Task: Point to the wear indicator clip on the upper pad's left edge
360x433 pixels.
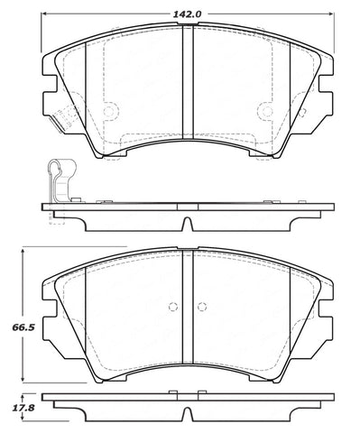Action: pyautogui.click(x=60, y=117)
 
